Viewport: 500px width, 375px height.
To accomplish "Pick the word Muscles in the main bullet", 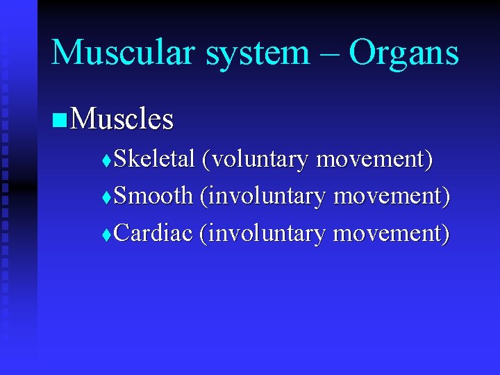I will click(x=122, y=119).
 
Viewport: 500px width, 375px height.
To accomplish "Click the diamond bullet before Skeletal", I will click(x=106, y=161).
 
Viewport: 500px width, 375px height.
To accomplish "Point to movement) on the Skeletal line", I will click(x=374, y=160).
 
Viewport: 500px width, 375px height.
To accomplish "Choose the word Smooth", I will click(x=153, y=197).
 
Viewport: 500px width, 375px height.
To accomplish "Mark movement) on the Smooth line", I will click(x=392, y=197).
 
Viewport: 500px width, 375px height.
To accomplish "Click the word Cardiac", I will click(x=153, y=233).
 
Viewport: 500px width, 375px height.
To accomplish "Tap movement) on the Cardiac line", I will click(x=391, y=234).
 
